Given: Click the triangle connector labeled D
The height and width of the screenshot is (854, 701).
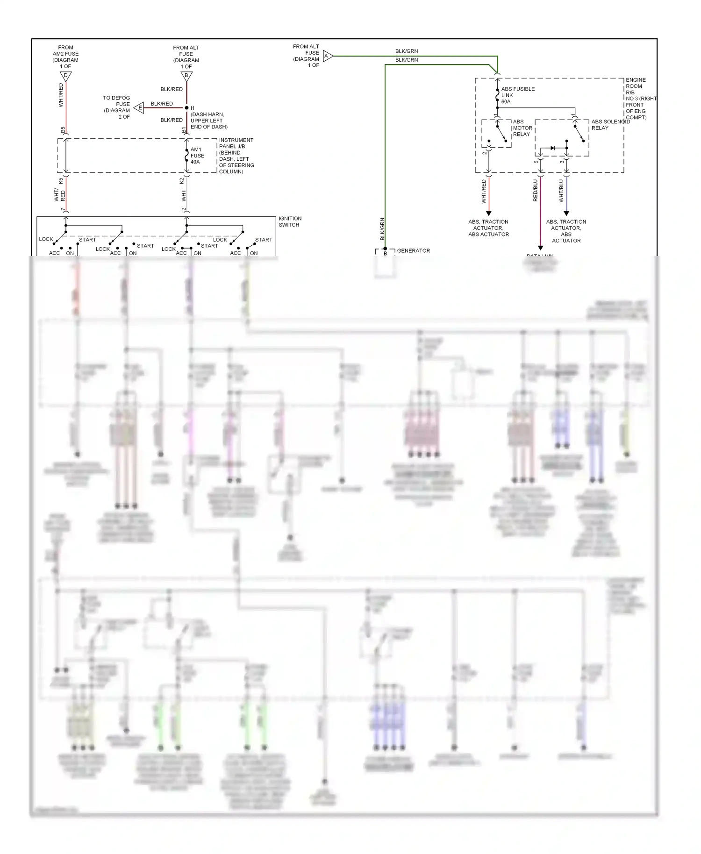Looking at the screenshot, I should coord(66,76).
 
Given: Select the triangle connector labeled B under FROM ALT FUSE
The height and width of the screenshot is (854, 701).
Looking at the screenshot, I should coord(186,76).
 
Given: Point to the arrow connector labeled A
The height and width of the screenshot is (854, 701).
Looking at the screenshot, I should coord(327,56).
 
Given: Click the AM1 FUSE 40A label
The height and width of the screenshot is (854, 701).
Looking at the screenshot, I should coord(197,156).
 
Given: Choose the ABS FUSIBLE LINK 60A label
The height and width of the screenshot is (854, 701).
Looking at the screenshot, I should coord(517,95).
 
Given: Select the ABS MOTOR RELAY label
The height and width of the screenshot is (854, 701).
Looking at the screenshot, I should coord(522,128).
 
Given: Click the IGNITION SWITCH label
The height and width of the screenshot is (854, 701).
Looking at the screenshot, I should coord(290,221).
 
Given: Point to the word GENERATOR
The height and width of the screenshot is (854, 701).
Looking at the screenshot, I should coord(413,251).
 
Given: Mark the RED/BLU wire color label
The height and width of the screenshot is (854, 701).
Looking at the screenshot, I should coord(536,191).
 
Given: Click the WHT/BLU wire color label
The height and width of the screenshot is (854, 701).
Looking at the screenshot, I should coord(561,191).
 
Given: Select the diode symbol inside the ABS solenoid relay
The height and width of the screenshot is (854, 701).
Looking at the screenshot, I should coord(553,148).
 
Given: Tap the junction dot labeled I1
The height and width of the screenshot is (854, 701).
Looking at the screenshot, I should coord(186,108).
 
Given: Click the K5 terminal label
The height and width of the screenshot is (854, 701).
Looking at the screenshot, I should coord(61,180).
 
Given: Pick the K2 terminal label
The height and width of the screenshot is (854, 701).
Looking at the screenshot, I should coord(182,180).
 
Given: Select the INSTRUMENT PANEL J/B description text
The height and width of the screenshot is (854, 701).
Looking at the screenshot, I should coord(236,156).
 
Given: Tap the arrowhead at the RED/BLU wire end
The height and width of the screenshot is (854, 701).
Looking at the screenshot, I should coord(540,248).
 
